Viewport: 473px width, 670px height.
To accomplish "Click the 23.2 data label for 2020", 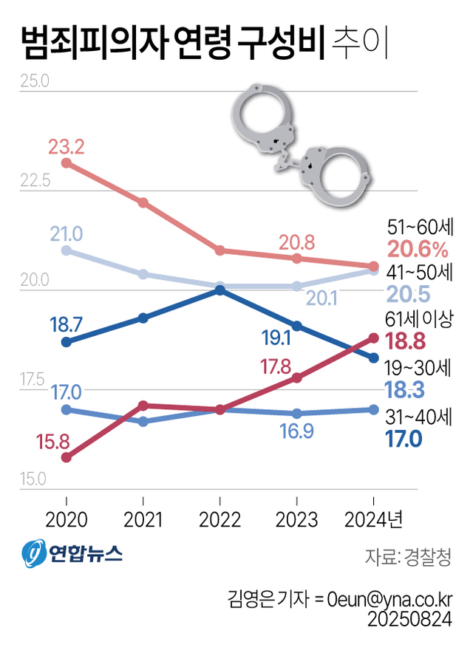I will (67, 146).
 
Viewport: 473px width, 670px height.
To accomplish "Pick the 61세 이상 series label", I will (419, 319).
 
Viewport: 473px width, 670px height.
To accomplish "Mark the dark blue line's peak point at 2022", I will (220, 290).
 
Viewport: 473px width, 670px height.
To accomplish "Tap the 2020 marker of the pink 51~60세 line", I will (66, 163).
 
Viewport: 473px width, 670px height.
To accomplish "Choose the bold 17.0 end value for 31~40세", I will (404, 440).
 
